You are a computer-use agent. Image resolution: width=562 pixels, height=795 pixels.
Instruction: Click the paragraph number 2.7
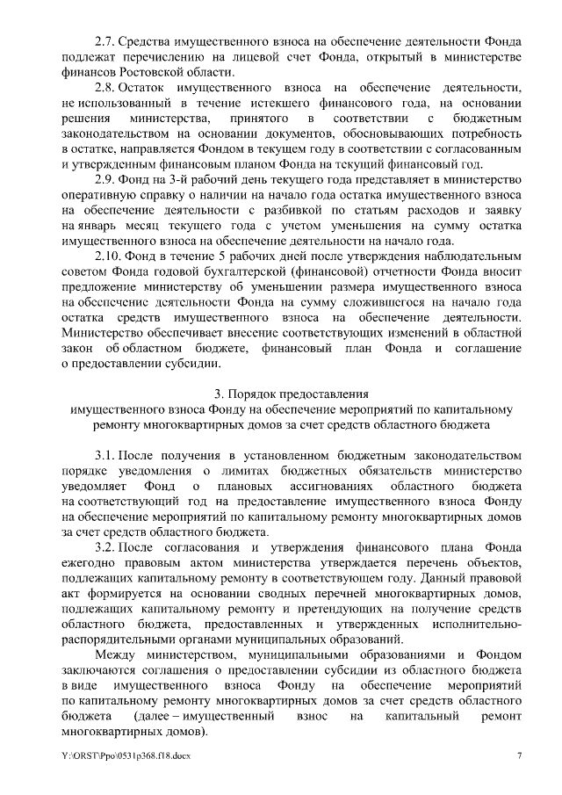[x=104, y=41]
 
